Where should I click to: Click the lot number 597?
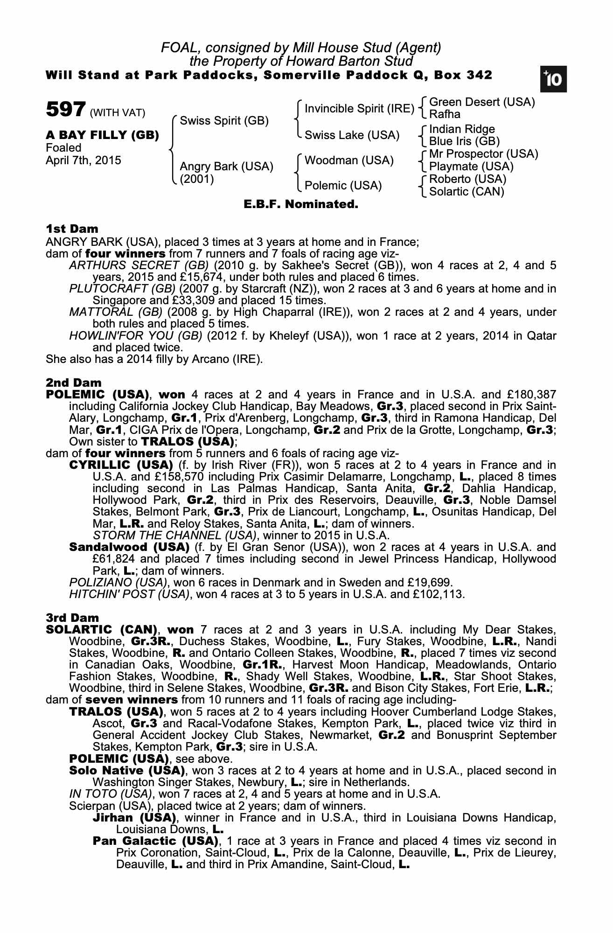point(65,110)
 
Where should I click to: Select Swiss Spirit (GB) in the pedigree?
point(224,121)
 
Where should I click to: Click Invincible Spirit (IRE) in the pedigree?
point(359,109)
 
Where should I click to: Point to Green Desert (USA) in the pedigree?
point(482,102)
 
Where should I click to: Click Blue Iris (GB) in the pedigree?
point(464,141)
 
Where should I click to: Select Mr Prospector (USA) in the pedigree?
point(483,154)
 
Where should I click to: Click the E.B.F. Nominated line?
point(301,204)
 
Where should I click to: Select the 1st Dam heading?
point(72,229)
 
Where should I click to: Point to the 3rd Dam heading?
point(72,618)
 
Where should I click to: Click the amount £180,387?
point(529,395)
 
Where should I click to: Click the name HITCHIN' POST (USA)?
point(129,594)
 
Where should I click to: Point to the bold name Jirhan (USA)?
point(134,818)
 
